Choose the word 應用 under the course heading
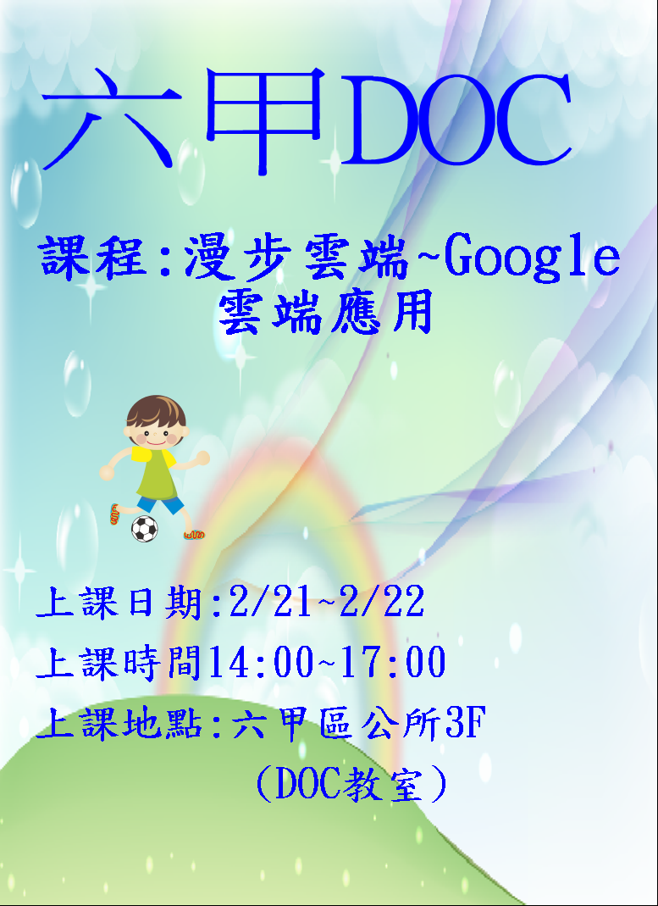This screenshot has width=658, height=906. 380,312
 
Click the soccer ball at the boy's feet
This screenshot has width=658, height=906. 144,529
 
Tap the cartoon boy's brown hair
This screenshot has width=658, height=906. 155,411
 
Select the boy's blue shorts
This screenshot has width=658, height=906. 169,506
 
